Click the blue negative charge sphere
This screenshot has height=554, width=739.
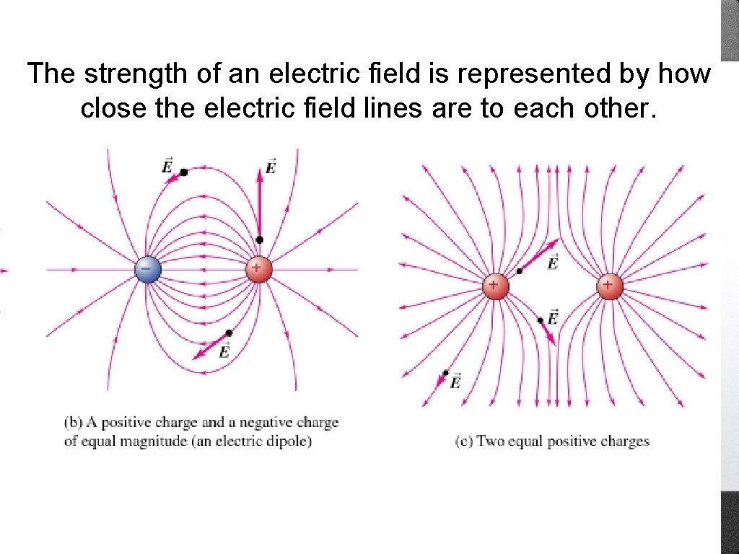tap(147, 270)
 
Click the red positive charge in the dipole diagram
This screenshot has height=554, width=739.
tap(258, 270)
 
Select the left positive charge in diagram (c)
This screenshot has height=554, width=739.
tap(495, 286)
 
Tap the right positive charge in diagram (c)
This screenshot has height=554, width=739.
tap(610, 286)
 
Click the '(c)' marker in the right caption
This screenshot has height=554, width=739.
tap(464, 441)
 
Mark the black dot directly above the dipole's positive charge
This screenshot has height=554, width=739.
tap(259, 240)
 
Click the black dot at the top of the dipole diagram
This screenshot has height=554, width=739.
tap(184, 172)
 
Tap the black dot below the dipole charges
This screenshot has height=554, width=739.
tap(229, 333)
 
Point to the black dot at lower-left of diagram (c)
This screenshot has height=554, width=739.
tap(446, 373)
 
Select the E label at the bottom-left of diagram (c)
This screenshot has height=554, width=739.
tap(455, 383)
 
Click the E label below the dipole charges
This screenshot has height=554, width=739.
tap(224, 351)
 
